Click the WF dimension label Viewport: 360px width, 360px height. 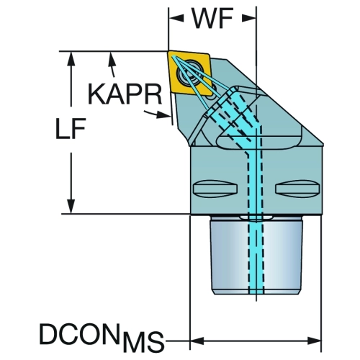point(212,19)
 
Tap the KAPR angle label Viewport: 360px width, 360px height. point(125,94)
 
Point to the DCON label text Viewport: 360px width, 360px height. point(80,334)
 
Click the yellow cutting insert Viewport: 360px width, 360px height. point(189,73)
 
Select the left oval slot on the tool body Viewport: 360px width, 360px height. point(215,188)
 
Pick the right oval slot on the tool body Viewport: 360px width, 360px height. point(297,188)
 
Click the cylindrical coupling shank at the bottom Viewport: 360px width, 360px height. point(256,255)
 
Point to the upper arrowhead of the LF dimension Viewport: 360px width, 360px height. point(71,58)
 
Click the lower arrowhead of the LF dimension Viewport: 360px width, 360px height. point(71,206)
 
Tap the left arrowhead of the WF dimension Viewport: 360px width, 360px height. point(176,18)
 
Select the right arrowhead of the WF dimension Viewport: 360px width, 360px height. point(249,18)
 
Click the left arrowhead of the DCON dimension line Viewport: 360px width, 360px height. point(197,341)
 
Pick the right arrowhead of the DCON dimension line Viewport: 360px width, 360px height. point(314,341)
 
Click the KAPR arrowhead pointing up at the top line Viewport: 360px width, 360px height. point(111,58)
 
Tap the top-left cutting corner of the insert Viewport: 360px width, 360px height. point(168,52)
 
